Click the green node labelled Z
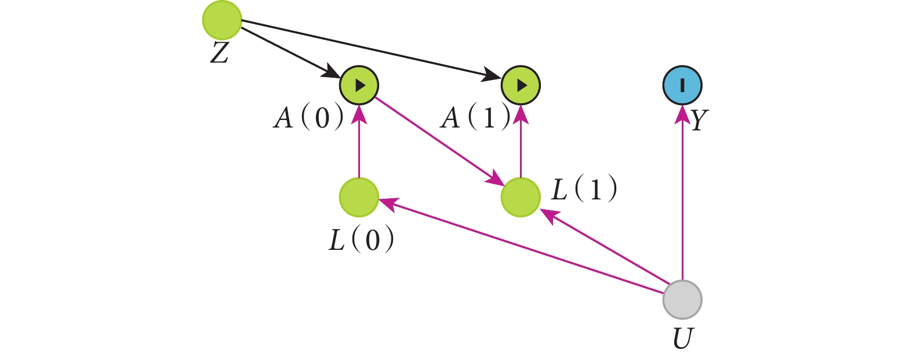click(x=222, y=20)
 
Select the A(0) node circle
click(x=359, y=85)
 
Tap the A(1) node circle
click(x=521, y=85)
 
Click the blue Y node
click(x=682, y=85)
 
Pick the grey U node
click(x=682, y=300)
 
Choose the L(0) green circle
click(x=359, y=197)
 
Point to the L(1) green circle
click(x=521, y=197)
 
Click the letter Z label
click(x=219, y=53)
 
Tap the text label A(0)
click(x=308, y=118)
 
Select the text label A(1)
click(x=475, y=118)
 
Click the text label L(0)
click(x=362, y=239)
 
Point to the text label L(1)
click(x=584, y=189)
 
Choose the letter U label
click(x=683, y=339)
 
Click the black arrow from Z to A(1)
click(x=372, y=49)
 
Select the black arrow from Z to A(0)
click(x=291, y=52)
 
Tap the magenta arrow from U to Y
click(x=682, y=192)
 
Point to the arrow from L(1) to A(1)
click(x=521, y=141)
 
